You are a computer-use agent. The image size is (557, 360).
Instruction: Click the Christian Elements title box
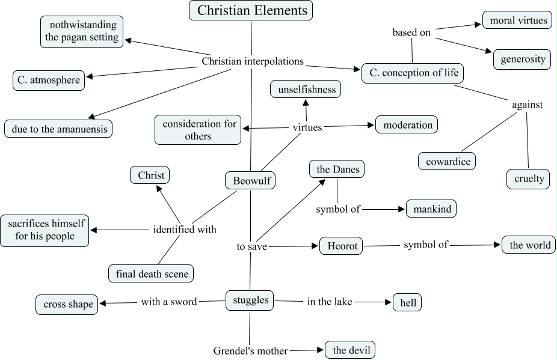click(251, 10)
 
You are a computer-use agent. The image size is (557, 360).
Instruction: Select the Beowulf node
click(250, 180)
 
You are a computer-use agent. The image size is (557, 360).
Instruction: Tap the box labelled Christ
click(150, 175)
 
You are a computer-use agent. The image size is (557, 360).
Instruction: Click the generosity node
click(523, 59)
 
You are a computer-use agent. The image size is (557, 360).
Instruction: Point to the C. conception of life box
click(413, 73)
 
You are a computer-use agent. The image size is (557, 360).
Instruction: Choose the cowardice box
click(448, 161)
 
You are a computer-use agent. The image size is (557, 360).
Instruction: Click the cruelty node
click(528, 178)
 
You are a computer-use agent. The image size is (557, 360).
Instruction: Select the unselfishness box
click(306, 90)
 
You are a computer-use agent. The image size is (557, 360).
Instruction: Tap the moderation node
click(407, 125)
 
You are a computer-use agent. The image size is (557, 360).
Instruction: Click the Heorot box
click(342, 246)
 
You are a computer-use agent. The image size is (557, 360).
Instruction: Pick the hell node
click(407, 302)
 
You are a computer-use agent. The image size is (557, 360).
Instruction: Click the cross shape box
click(67, 304)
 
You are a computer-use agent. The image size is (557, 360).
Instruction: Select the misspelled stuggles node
click(250, 301)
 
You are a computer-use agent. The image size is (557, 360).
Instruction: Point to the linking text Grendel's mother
click(250, 350)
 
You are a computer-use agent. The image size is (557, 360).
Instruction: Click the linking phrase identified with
click(184, 229)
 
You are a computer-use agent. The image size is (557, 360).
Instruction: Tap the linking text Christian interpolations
click(253, 61)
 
